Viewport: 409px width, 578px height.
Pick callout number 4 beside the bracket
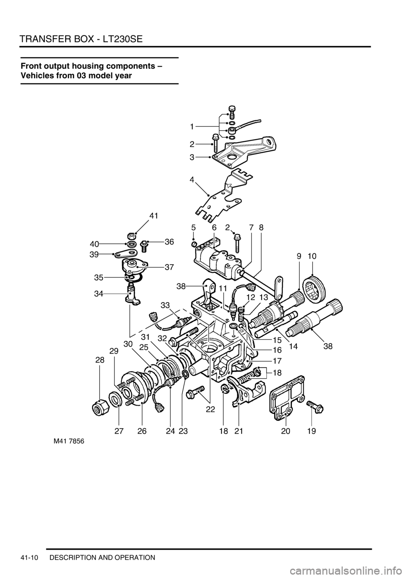click(x=192, y=180)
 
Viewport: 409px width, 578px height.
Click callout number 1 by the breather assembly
click(x=192, y=126)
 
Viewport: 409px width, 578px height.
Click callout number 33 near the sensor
click(x=165, y=306)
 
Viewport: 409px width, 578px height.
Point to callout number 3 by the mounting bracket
click(x=192, y=157)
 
